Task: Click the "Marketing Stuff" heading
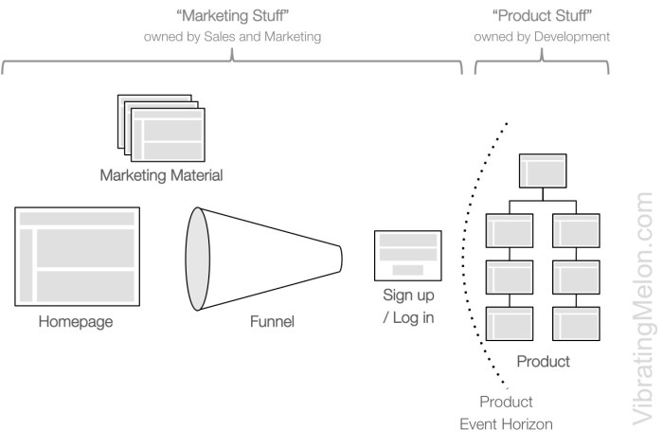click(232, 16)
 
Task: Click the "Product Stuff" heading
click(542, 16)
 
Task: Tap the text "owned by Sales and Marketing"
click(232, 37)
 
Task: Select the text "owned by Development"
click(542, 37)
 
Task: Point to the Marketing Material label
click(161, 175)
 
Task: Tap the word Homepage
click(76, 322)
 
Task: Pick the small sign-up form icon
click(408, 253)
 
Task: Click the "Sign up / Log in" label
click(408, 306)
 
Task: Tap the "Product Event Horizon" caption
click(506, 413)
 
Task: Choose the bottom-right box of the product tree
click(577, 323)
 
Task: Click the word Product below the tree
click(543, 361)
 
